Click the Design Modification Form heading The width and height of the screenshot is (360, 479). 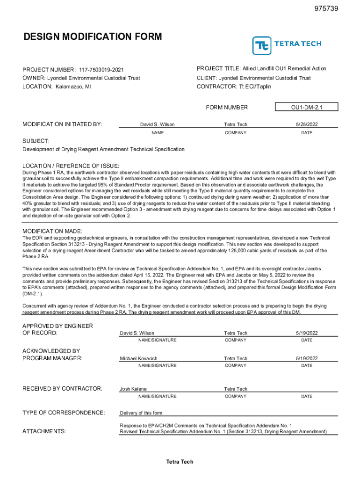(93, 36)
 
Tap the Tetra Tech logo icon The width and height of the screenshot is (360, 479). (262, 46)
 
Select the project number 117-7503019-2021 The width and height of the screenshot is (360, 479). (101, 70)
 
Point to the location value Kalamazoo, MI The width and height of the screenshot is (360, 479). (73, 87)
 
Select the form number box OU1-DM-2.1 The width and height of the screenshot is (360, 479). (307, 108)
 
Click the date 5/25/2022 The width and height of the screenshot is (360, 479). (307, 124)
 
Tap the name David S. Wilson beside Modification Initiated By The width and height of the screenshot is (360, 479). (158, 124)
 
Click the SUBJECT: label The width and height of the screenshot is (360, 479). (36, 141)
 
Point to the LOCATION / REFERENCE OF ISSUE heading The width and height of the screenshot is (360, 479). (71, 166)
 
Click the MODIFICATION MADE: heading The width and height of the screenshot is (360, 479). (52, 232)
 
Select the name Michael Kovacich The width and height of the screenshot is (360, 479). (139, 358)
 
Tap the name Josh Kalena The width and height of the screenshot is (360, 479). (133, 389)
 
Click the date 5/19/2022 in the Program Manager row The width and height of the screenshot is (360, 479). (307, 358)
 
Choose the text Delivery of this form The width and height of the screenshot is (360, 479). (141, 413)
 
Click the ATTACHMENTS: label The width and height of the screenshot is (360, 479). (44, 431)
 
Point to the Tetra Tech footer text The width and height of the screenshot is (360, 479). (180, 462)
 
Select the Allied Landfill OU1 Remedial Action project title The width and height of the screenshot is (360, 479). (284, 69)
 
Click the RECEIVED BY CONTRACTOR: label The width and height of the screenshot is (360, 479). (62, 389)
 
